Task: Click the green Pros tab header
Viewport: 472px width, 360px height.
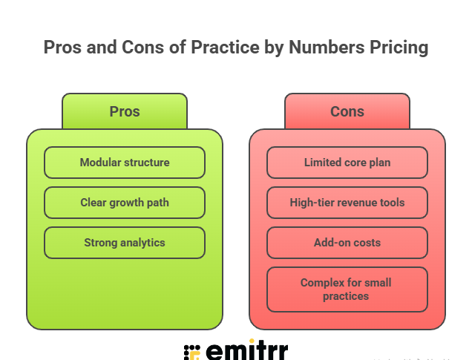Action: point(125,112)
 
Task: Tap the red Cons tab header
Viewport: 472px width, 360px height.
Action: point(347,112)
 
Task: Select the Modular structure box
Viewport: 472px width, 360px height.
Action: point(125,163)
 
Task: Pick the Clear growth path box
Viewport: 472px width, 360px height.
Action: point(125,203)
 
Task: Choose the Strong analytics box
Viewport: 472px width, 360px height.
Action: point(125,243)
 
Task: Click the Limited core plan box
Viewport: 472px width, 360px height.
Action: point(347,163)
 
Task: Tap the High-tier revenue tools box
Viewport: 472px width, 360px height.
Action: point(347,203)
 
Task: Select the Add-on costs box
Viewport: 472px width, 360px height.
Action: point(347,243)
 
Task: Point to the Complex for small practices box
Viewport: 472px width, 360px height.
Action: point(347,289)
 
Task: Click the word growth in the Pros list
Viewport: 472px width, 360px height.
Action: point(126,203)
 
